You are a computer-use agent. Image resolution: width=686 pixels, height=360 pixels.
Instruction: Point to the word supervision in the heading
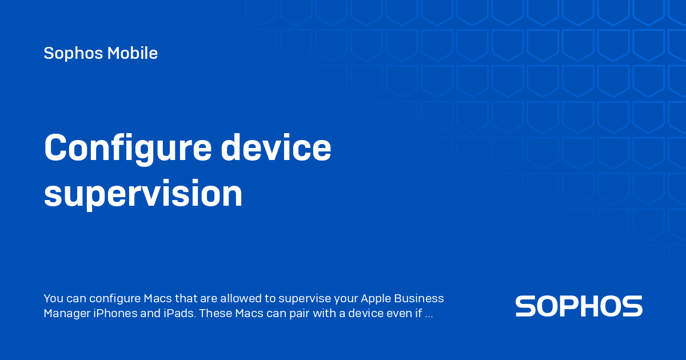coord(143,194)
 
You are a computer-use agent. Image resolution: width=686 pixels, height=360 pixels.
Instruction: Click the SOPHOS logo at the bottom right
coord(579,306)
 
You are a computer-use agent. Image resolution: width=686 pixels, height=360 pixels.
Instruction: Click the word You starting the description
coord(53,299)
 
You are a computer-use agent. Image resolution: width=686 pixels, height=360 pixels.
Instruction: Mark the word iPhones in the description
coord(114,314)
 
